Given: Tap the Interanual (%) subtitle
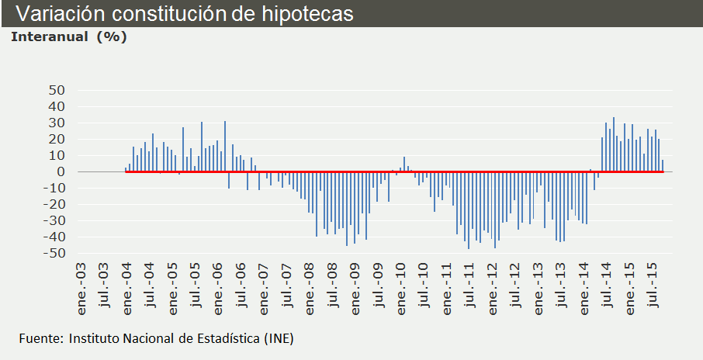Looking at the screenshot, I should click(x=68, y=36).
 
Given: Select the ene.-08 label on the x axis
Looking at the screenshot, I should click(x=310, y=286).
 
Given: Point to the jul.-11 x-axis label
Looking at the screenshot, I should click(x=471, y=286).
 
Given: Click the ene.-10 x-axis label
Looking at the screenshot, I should click(x=402, y=286).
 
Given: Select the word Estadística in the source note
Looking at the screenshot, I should click(x=227, y=338).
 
